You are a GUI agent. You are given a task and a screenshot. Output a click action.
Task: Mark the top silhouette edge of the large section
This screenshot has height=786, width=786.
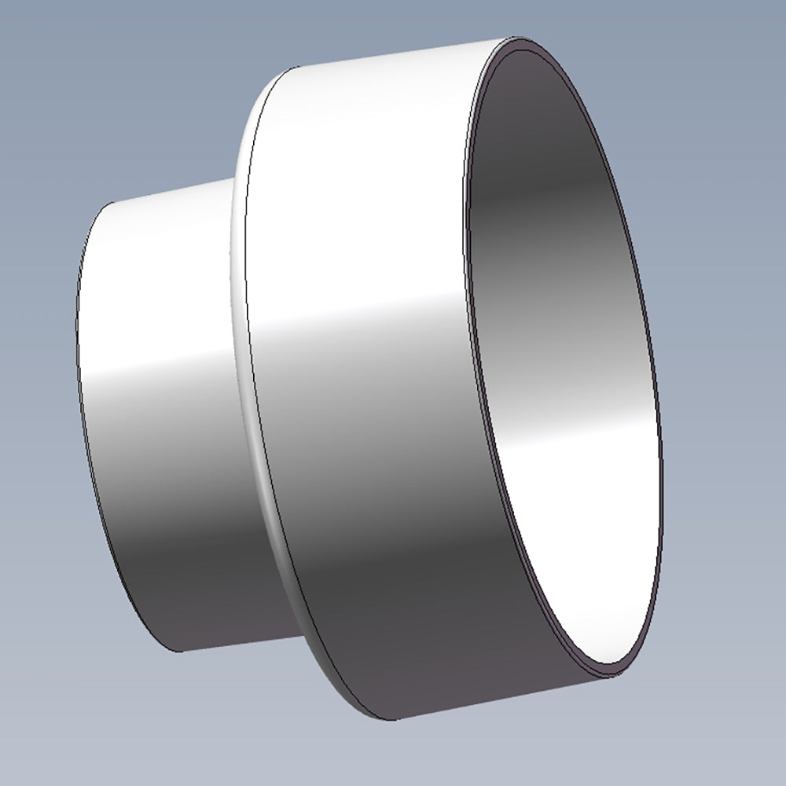click(x=393, y=55)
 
